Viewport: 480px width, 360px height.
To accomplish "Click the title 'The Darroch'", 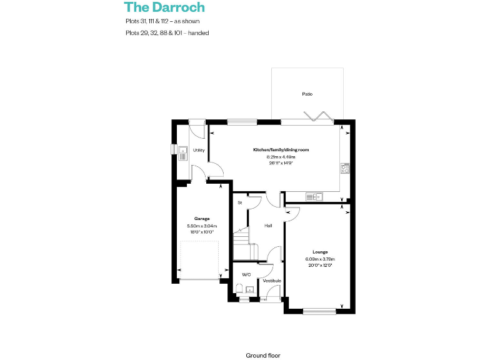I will pos(164,7).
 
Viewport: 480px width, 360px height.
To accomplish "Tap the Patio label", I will pos(307,94).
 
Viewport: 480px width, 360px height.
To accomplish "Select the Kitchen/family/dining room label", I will pos(281,150).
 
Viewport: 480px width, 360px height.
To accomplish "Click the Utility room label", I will pos(199,150).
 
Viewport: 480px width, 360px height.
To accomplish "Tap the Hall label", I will pos(267,226).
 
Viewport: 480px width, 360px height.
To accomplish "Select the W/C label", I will pos(246,274).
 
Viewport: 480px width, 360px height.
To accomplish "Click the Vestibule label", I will pos(271,281).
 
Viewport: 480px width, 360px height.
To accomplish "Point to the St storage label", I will pos(239,203).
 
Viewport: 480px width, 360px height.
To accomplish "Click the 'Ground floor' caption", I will pos(263,355).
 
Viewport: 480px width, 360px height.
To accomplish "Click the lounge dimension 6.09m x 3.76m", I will pos(320,259).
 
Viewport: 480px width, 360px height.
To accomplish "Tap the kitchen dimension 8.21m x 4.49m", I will pos(281,157).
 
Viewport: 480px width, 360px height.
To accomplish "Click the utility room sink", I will pos(183,152).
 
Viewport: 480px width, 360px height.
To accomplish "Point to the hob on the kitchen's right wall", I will pos(344,167).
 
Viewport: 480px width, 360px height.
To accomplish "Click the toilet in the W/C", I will pos(240,288).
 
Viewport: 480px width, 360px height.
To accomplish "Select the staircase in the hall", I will pos(241,241).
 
